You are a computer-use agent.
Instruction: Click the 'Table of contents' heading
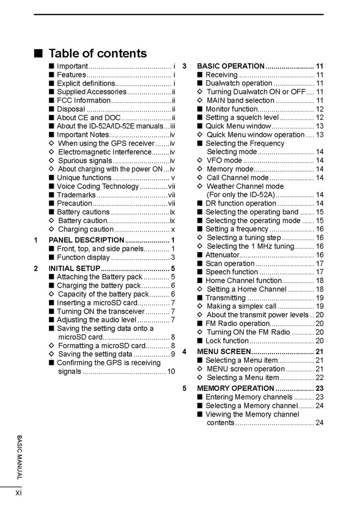pyautogui.click(x=97, y=54)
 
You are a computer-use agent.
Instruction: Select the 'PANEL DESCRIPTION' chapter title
pyautogui.click(x=86, y=240)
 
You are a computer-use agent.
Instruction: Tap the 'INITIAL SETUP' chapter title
pyautogui.click(x=75, y=269)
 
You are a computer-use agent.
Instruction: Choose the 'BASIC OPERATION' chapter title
pyautogui.click(x=230, y=66)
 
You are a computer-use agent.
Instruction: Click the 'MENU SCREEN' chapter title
pyautogui.click(x=223, y=352)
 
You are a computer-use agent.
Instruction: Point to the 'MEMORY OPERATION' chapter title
pyautogui.click(x=235, y=388)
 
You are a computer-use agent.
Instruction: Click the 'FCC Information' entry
pyautogui.click(x=83, y=100)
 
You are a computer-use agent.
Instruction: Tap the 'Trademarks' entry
pyautogui.click(x=76, y=195)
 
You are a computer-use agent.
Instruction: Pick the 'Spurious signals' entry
pyautogui.click(x=84, y=160)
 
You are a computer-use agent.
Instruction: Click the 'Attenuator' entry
pyautogui.click(x=222, y=255)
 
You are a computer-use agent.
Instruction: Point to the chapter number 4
pyautogui.click(x=185, y=352)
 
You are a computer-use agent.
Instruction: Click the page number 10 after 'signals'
pyautogui.click(x=171, y=371)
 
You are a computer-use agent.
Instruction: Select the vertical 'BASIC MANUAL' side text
pyautogui.click(x=19, y=457)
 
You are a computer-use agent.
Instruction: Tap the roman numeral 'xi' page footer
pyautogui.click(x=18, y=493)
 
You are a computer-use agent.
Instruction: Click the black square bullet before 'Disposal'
pyautogui.click(x=52, y=109)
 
